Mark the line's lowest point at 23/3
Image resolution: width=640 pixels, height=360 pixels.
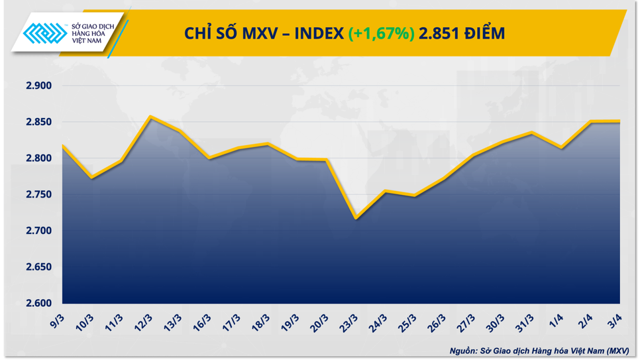click(356, 218)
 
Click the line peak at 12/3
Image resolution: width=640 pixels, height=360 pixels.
click(150, 117)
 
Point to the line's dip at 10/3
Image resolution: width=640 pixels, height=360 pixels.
click(91, 178)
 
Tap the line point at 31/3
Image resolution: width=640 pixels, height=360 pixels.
click(531, 133)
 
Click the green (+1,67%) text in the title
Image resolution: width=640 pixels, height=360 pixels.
click(381, 32)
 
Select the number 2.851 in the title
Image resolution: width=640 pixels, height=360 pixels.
click(441, 32)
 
